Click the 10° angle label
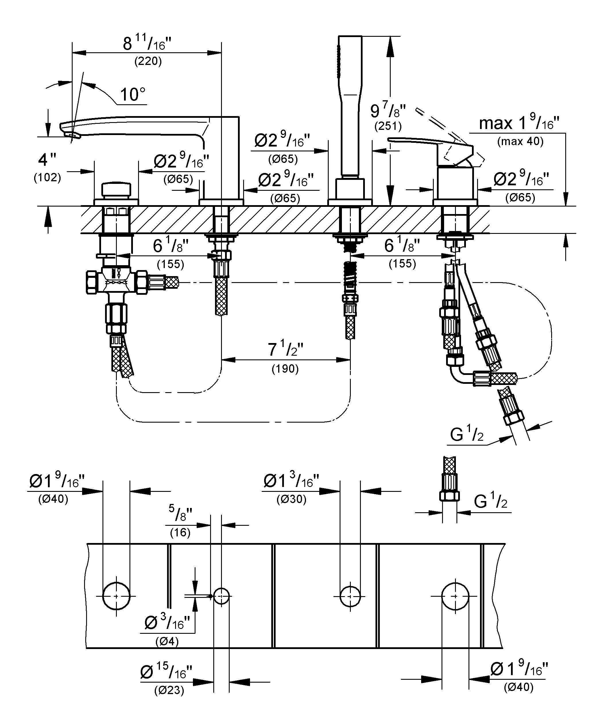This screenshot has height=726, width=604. tap(133, 95)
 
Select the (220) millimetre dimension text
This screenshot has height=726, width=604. tap(148, 61)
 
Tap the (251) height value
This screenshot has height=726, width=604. tap(388, 126)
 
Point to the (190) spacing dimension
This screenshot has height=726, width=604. tap(285, 369)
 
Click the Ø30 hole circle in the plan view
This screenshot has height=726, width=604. tap(350, 596)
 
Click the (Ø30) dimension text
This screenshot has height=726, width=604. tap(291, 499)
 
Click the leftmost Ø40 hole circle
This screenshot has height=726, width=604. tap(117, 596)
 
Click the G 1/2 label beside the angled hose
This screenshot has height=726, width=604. tap(466, 435)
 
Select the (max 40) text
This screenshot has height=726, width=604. tap(520, 141)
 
